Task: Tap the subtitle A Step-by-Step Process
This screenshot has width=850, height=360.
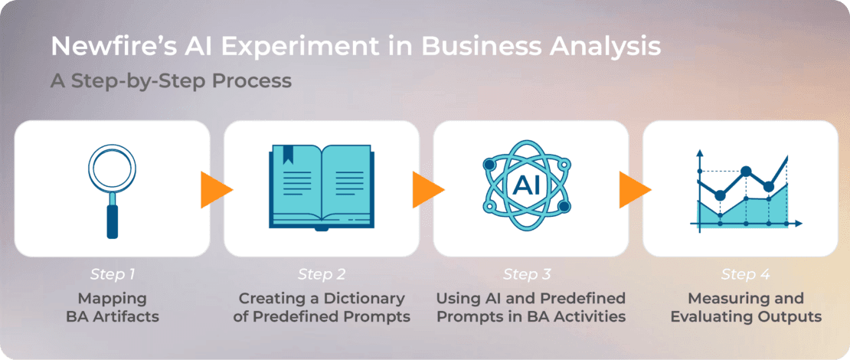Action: click(172, 81)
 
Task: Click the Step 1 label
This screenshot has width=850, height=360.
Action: click(113, 274)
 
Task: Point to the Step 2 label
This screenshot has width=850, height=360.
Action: click(322, 274)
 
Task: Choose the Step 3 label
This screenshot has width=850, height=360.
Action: click(527, 274)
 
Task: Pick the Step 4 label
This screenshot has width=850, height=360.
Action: click(745, 274)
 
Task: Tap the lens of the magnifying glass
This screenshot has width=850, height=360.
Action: click(113, 168)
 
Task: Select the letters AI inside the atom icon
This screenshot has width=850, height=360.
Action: click(526, 186)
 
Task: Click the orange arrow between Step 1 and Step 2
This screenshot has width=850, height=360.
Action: click(216, 190)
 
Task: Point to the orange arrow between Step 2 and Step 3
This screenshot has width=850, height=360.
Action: click(428, 190)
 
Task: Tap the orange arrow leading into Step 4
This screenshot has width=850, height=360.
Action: click(635, 190)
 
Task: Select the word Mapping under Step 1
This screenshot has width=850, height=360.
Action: click(113, 299)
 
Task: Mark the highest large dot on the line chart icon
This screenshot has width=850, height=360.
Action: click(746, 172)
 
